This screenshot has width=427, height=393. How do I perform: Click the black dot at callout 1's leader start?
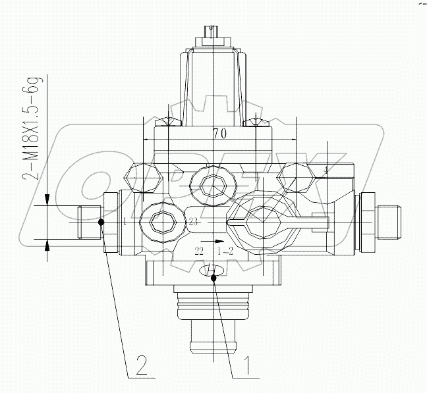(x=213, y=279)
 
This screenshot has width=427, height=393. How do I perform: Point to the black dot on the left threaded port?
(x=101, y=222)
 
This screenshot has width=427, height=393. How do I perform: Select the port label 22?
(x=198, y=251)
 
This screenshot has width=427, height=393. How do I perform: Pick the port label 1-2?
(x=225, y=251)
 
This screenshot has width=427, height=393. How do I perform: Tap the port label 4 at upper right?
(x=325, y=170)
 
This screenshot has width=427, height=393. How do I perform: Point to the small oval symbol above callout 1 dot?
(x=210, y=269)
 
